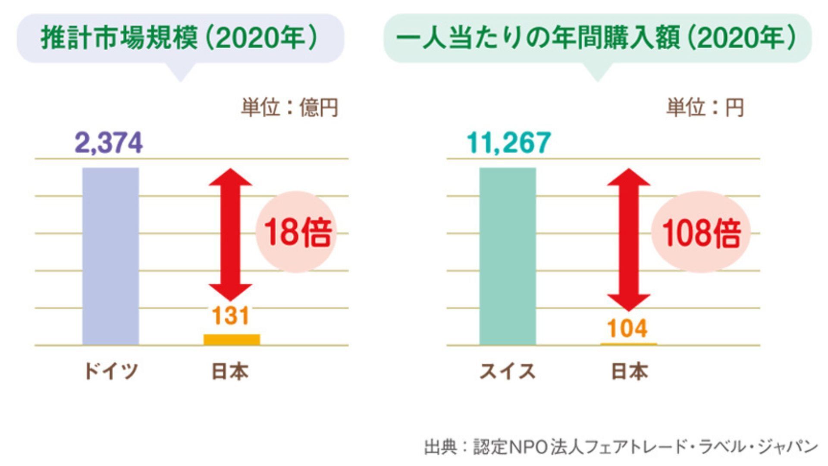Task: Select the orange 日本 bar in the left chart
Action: (232, 340)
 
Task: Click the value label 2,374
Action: (109, 143)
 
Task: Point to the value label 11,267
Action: (509, 142)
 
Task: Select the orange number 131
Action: (231, 316)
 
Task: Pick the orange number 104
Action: (627, 328)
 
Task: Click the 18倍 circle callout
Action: (296, 232)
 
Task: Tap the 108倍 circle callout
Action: (701, 232)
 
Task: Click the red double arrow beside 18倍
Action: (231, 234)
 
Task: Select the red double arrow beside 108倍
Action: (628, 239)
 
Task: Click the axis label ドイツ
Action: (111, 371)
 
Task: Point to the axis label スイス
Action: (508, 371)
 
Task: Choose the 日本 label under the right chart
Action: (630, 371)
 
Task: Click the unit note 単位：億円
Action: (289, 107)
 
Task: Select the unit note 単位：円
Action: (705, 107)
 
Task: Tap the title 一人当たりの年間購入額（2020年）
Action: (597, 38)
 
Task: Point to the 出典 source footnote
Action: (621, 447)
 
